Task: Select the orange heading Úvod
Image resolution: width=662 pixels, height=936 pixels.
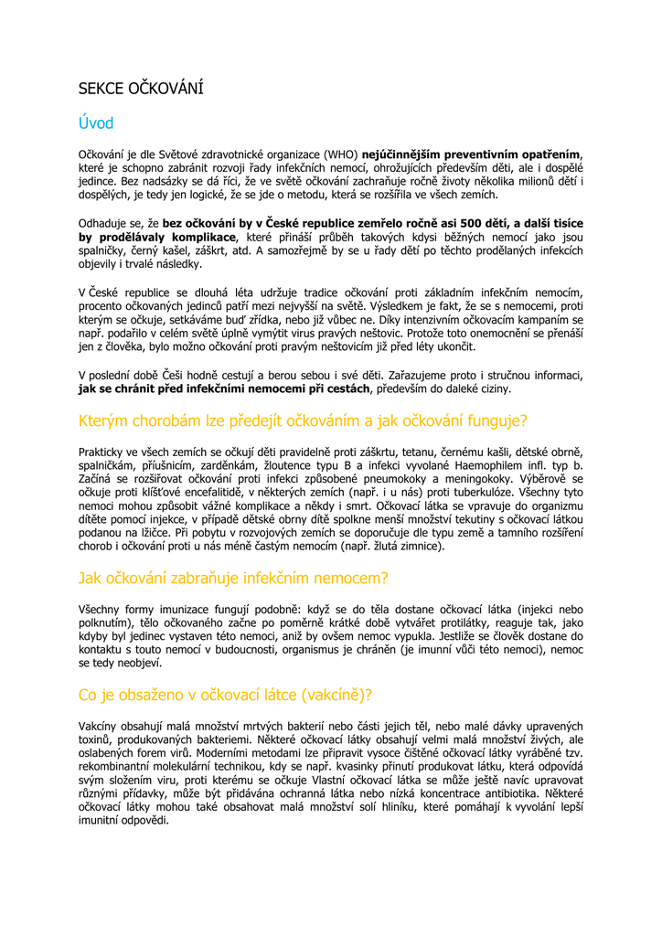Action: [x=96, y=123]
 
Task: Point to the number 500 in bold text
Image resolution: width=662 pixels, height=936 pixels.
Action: [x=471, y=223]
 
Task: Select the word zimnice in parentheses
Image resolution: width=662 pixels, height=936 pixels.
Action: [x=418, y=547]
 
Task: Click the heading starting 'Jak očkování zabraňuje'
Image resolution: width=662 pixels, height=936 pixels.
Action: [x=233, y=578]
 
